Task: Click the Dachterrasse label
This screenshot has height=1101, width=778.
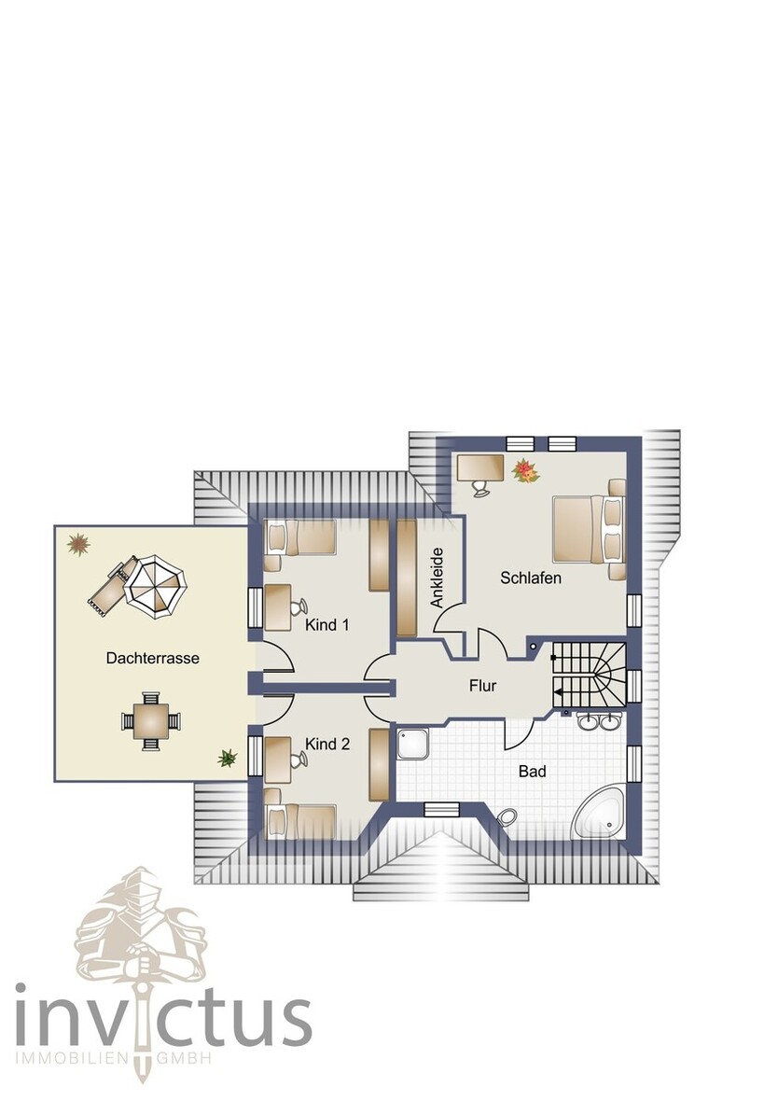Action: (152, 657)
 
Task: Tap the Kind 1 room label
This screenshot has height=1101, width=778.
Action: (326, 625)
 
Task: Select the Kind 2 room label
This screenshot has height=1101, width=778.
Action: (326, 744)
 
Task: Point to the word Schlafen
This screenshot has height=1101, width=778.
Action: (530, 578)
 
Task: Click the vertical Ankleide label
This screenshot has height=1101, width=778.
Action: (437, 577)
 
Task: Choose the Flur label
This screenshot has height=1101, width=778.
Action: (482, 686)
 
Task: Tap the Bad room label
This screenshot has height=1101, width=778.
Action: (533, 772)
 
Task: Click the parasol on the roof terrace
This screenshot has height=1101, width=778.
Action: (155, 585)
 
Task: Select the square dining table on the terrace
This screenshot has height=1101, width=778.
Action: (150, 720)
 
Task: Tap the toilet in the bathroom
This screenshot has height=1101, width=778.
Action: (507, 817)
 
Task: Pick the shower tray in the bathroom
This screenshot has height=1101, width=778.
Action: (412, 744)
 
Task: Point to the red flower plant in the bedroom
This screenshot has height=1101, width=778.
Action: (525, 471)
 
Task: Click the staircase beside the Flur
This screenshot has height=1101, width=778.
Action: (588, 675)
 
